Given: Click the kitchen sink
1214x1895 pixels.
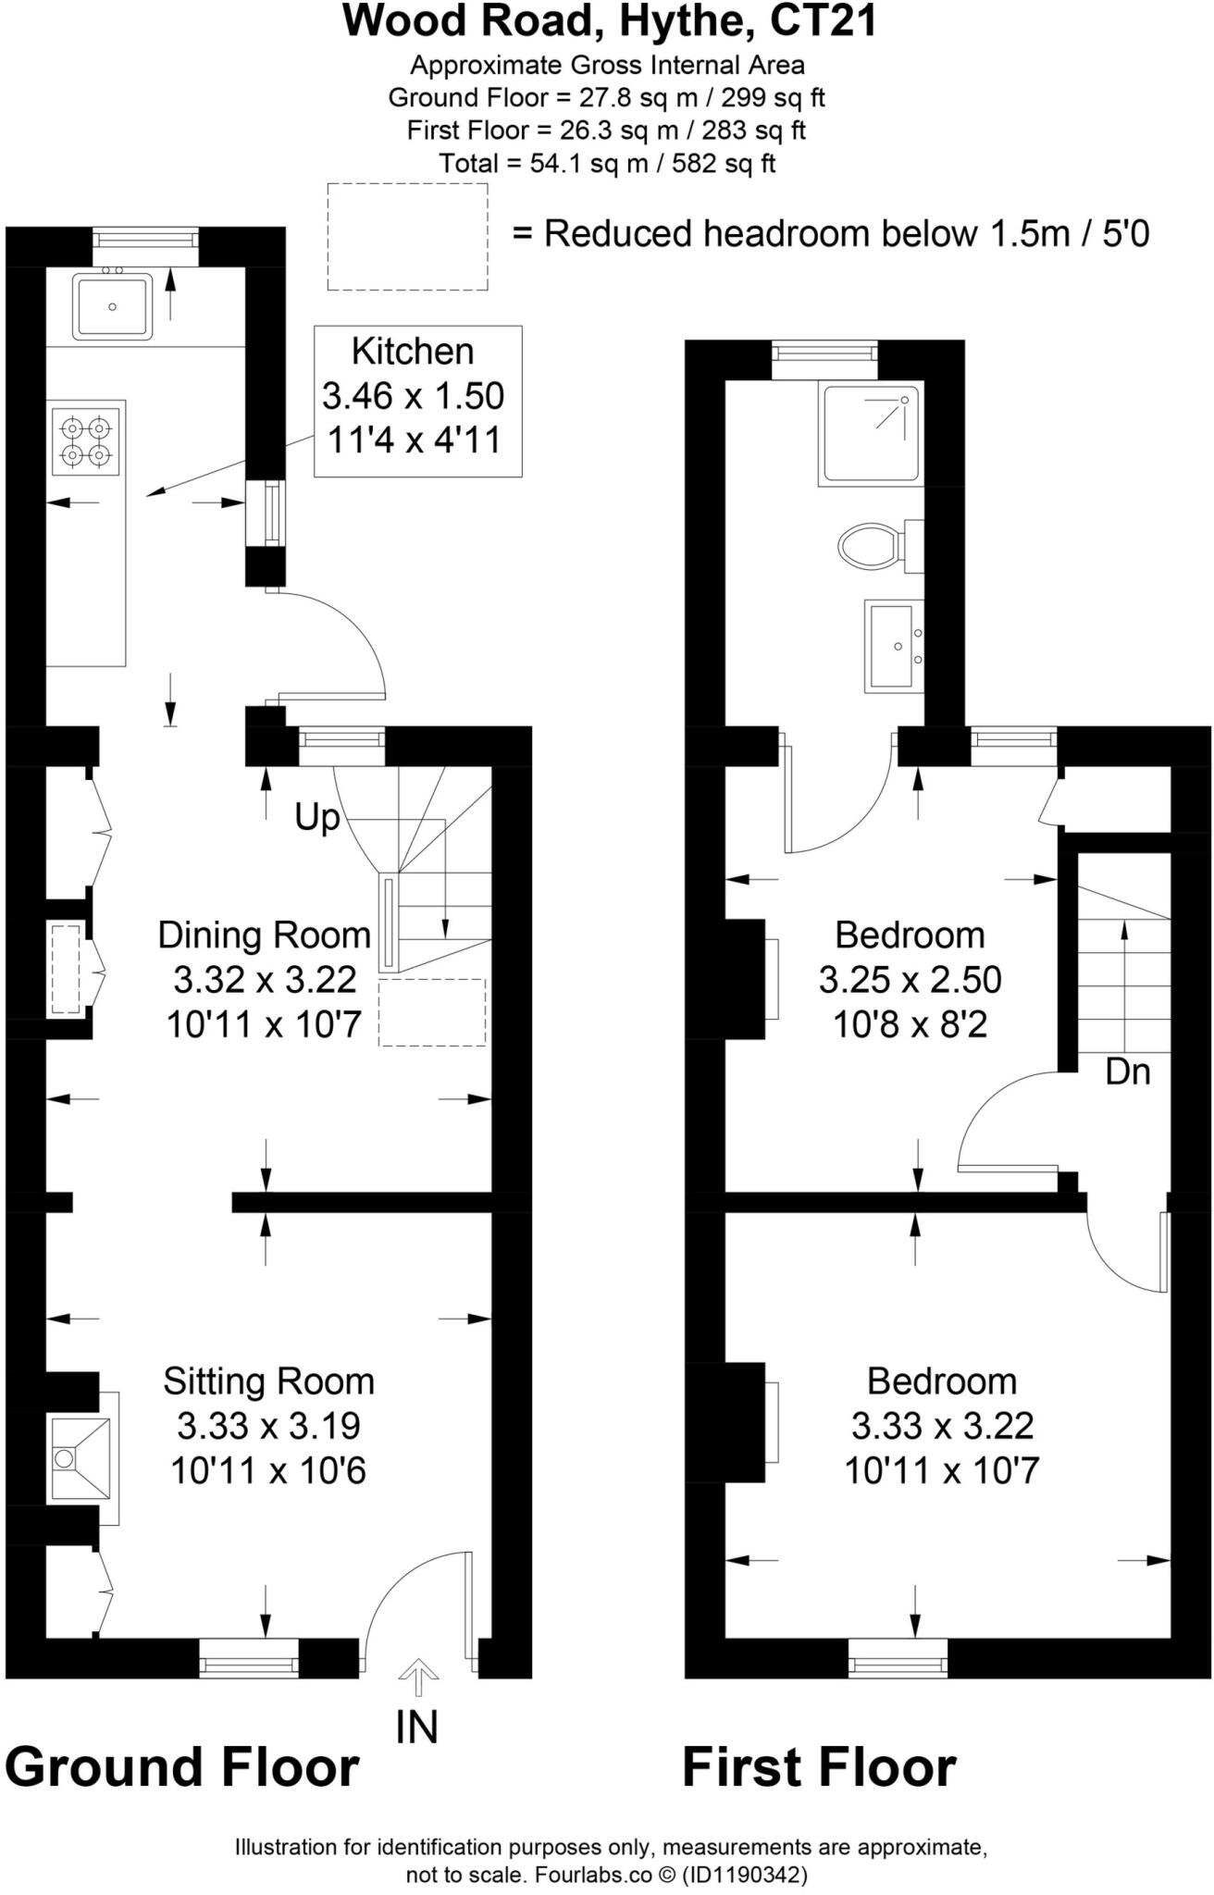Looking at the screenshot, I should pos(112,306).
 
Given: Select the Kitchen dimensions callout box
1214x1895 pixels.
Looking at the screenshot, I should pos(417,401).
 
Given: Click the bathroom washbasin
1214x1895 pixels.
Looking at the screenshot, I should pos(893,646).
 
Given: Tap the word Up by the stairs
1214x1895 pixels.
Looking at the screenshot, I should pos(317,818).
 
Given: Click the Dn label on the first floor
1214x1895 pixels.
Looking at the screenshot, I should pos(1127,1072).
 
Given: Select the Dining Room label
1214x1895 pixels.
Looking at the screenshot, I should pos(264,935).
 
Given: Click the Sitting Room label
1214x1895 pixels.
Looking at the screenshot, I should pos(268,1381).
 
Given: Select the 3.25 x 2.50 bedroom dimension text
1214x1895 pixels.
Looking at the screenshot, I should pos(910,980).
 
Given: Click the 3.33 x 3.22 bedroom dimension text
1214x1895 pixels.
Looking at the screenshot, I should pos(942,1426).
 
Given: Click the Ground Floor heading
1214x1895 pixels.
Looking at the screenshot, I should pos(181,1767).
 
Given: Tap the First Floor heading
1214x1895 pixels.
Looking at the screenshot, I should pos(819,1767).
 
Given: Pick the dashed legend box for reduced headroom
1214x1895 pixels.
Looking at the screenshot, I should pos(407,236).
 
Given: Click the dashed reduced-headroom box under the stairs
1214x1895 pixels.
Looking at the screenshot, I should pos(432,1012).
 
